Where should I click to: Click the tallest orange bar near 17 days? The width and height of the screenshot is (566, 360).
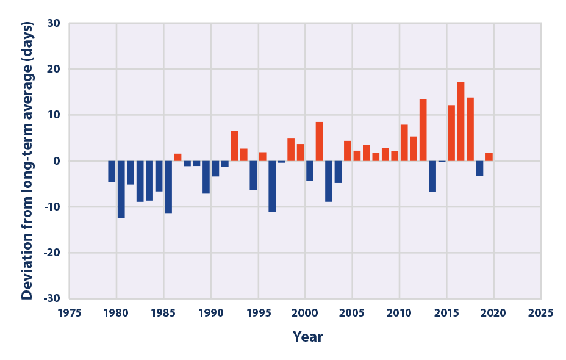point(460,121)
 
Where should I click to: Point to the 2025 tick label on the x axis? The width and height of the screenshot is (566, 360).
point(540,312)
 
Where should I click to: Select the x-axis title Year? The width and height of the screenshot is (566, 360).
point(307,337)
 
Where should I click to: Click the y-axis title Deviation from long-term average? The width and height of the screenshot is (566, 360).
point(27,161)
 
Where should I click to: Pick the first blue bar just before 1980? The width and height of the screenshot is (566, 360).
point(112,171)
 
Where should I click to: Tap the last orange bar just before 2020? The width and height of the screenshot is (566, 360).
point(489,157)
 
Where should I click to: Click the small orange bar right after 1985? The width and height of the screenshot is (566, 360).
point(177,157)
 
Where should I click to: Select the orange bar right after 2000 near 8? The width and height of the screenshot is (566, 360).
point(319,142)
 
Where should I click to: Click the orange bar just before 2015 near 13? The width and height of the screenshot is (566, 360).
point(423,130)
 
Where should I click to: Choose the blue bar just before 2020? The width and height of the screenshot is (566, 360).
point(479,168)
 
